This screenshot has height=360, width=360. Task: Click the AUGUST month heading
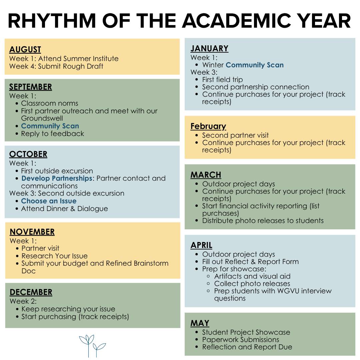pyautogui.click(x=25, y=50)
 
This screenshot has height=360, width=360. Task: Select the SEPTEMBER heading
pyautogui.click(x=30, y=87)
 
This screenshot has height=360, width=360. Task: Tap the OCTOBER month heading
pyautogui.click(x=28, y=154)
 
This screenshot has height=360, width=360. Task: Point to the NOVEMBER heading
pyautogui.click(x=32, y=232)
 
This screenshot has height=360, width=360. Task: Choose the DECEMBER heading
pyautogui.click(x=31, y=292)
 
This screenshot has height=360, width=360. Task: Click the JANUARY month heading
pyautogui.click(x=209, y=49)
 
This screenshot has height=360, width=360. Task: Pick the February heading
pyautogui.click(x=208, y=126)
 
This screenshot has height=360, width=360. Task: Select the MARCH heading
pyautogui.click(x=206, y=175)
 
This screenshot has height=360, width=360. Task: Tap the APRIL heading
pyautogui.click(x=201, y=245)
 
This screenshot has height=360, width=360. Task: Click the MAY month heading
pyautogui.click(x=200, y=323)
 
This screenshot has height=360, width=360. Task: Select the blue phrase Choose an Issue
pyautogui.click(x=49, y=201)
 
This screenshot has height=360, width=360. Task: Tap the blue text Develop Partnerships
pyautogui.click(x=57, y=178)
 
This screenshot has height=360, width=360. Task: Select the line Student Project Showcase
pyautogui.click(x=246, y=332)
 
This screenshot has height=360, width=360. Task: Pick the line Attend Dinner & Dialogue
pyautogui.click(x=64, y=209)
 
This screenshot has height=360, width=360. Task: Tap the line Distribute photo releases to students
pyautogui.click(x=263, y=221)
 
